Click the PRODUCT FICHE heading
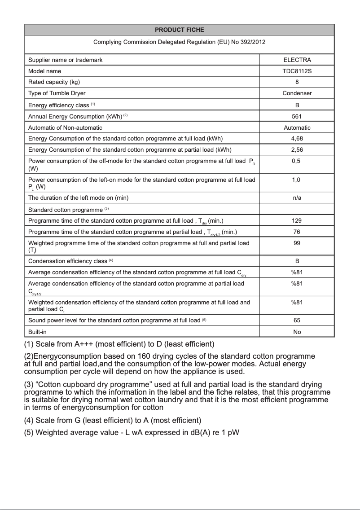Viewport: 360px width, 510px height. (179, 30)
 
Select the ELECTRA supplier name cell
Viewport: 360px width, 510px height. (297, 60)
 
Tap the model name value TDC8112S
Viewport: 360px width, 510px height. (297, 71)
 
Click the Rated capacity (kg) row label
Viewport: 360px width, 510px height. (54, 82)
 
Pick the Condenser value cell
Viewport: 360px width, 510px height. (297, 93)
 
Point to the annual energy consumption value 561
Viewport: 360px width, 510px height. (297, 116)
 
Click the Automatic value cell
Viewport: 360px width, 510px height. (297, 127)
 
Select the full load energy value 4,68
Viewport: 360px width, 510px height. (297, 138)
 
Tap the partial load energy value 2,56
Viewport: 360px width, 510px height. (297, 149)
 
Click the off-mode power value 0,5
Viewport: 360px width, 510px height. (296, 161)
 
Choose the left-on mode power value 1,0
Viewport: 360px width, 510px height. (296, 180)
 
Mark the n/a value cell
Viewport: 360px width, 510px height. (297, 198)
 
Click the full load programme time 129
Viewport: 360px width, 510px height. (297, 220)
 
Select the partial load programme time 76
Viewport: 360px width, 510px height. (297, 232)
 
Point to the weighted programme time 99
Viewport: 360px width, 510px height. (297, 243)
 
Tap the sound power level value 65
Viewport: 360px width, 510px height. (297, 321)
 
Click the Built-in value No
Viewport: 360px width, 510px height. (297, 332)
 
